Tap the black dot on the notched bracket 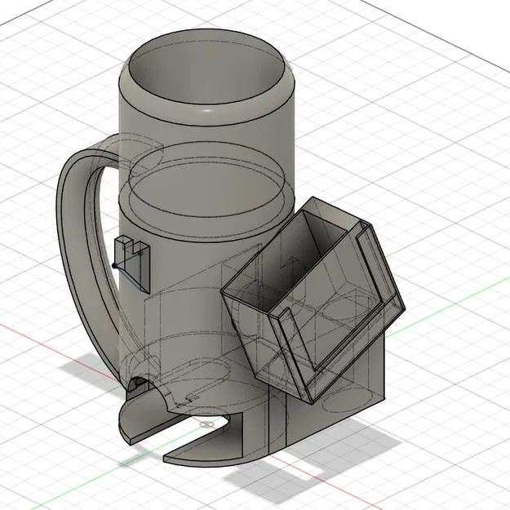click(x=113, y=266)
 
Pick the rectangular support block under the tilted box click(x=351, y=384)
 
